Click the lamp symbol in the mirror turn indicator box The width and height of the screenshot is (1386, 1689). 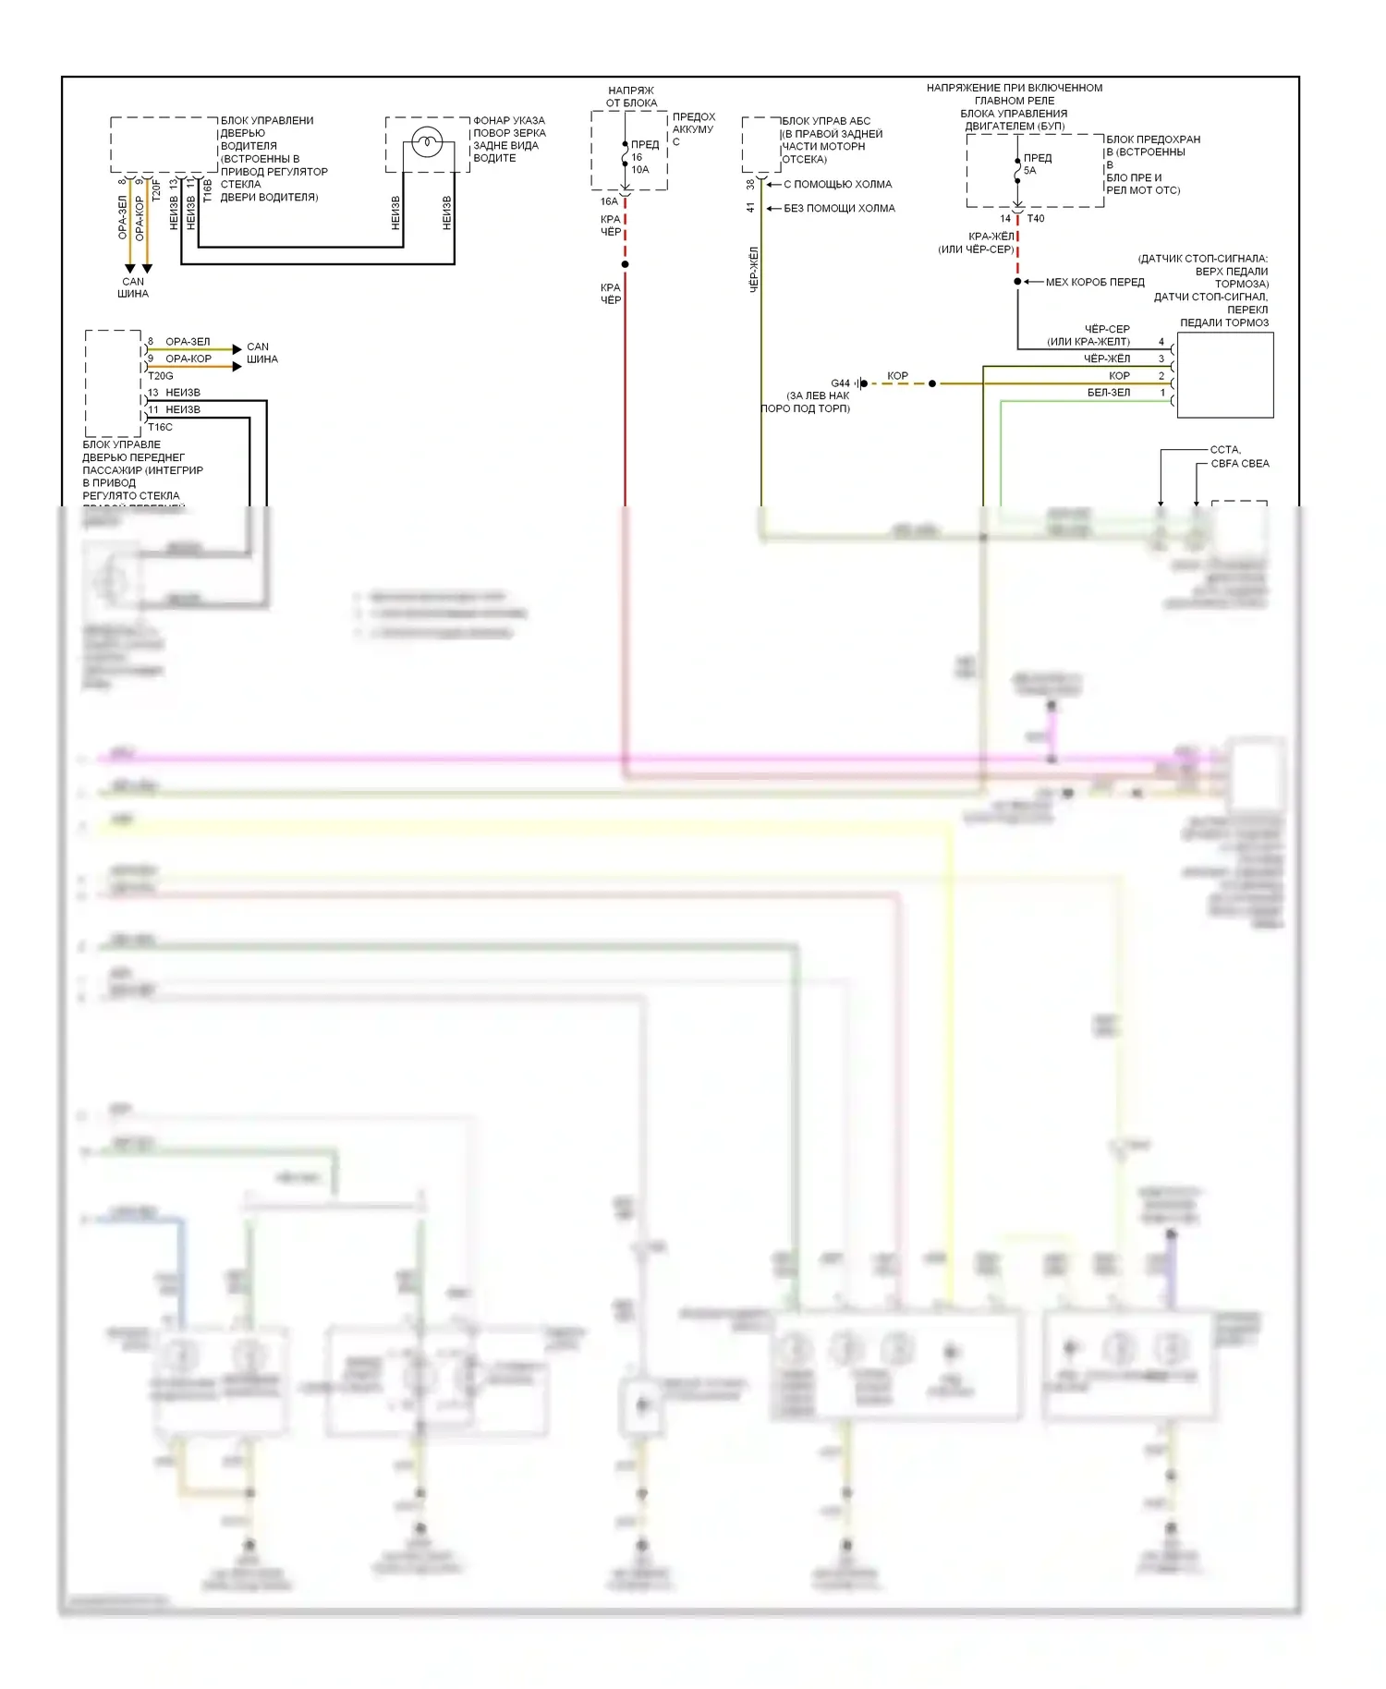[427, 142]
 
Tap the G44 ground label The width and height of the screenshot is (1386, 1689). [840, 383]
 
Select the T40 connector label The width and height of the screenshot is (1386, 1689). [1036, 219]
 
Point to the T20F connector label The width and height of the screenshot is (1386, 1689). [156, 190]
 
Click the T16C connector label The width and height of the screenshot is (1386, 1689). [161, 427]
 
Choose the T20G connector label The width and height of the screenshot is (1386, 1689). [161, 376]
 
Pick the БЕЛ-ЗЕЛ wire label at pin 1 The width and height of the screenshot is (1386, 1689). [1108, 393]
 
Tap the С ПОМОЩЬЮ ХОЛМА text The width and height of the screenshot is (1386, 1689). [837, 185]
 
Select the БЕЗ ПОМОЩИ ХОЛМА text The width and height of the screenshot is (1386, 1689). [839, 209]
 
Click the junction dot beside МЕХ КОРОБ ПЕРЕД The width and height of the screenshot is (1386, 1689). [1017, 282]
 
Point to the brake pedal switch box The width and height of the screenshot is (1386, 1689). [1224, 375]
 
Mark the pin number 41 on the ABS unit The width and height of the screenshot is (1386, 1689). [750, 209]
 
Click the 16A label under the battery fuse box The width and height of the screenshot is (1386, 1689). [609, 201]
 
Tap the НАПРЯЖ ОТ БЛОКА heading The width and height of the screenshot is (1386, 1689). [631, 97]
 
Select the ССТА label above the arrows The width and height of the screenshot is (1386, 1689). [1225, 450]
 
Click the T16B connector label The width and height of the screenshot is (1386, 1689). [208, 190]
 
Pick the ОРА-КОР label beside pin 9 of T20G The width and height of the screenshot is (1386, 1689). [188, 358]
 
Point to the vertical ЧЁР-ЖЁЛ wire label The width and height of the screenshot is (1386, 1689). [753, 270]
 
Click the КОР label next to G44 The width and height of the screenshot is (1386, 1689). [897, 376]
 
